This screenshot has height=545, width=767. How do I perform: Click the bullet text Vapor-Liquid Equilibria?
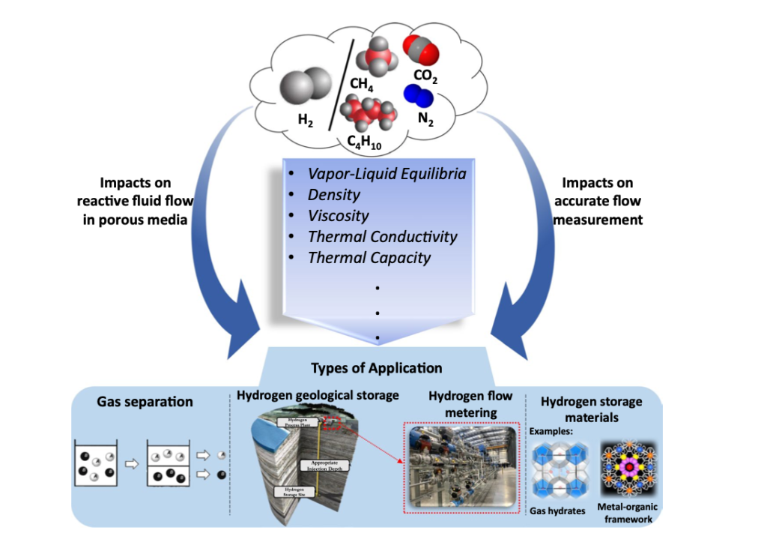[x=386, y=174]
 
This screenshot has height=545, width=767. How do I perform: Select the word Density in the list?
[x=334, y=195]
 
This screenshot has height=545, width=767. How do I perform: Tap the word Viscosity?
[x=339, y=216]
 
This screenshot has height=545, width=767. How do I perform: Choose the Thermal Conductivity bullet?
[x=382, y=237]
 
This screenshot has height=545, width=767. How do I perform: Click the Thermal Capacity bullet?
[x=369, y=258]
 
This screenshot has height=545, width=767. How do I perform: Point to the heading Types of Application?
[x=376, y=368]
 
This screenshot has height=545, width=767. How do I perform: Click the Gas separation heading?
[x=145, y=402]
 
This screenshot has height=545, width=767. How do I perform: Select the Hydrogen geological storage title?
[x=318, y=395]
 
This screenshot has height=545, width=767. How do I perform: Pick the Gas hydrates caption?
[x=562, y=511]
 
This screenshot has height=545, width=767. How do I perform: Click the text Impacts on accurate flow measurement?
[x=601, y=202]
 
